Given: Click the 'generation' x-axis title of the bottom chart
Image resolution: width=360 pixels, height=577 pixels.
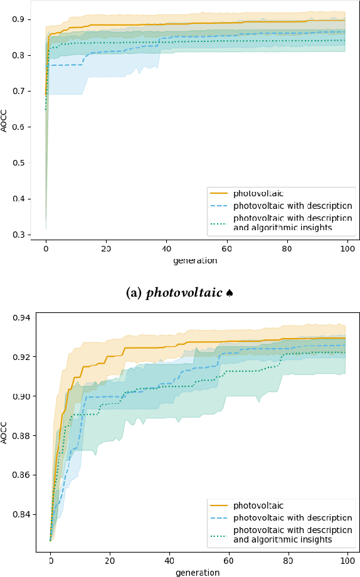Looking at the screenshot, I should coord(198,572).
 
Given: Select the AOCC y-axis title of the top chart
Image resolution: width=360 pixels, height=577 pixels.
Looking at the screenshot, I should coord(6,121).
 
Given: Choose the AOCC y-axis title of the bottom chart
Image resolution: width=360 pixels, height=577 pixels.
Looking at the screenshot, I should coord(6,433).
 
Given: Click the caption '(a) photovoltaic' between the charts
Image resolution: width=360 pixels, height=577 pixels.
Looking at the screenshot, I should coord(174,293).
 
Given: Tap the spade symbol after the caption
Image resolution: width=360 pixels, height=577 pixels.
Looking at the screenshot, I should coord(230,293).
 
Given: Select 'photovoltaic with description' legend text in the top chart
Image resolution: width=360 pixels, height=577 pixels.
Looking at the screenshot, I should coord(292,205).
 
